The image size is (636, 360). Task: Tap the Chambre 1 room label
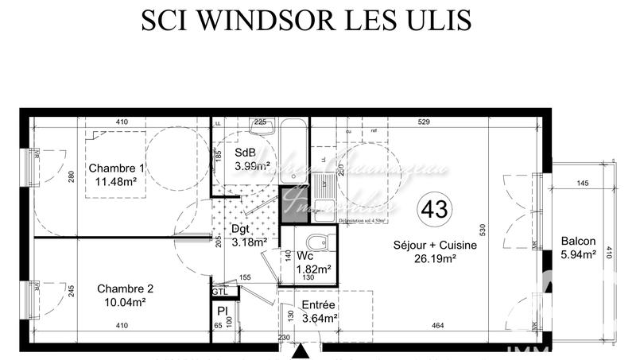tap(117, 168)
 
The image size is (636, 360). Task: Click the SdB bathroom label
tap(245, 153)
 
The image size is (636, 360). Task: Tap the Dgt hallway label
tap(241, 230)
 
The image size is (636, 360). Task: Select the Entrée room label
tap(319, 305)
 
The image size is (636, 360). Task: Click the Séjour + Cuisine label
tap(435, 246)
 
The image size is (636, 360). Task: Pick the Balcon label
tap(578, 242)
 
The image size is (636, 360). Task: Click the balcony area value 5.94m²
tap(578, 255)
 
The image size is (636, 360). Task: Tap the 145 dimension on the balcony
tap(583, 184)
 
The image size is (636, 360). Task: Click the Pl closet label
tap(223, 309)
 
